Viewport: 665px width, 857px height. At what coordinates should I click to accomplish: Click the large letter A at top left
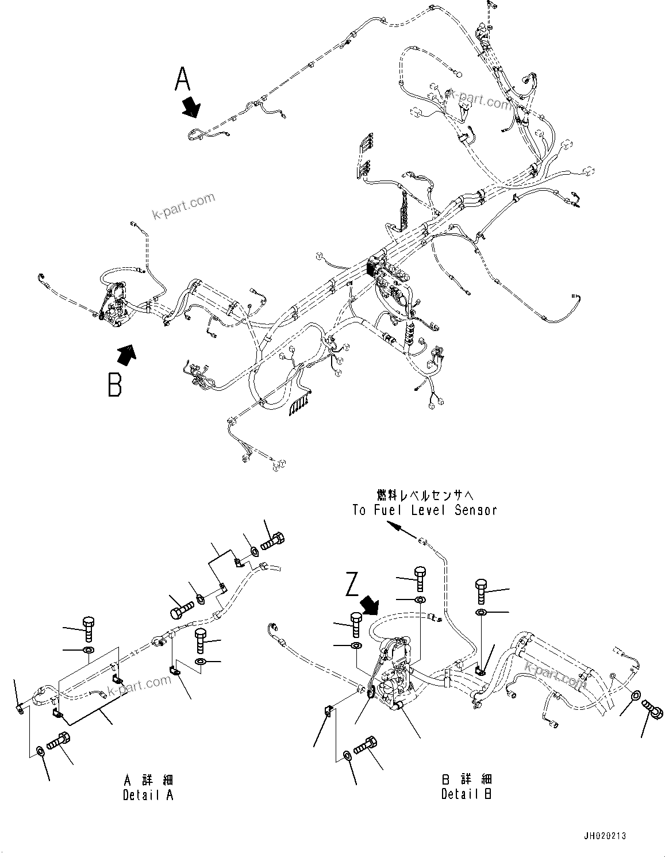pyautogui.click(x=183, y=79)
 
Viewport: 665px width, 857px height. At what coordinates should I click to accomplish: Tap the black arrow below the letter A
pyautogui.click(x=191, y=107)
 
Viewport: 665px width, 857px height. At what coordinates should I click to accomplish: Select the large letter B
pyautogui.click(x=115, y=385)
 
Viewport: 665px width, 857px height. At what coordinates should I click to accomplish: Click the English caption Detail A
pyautogui.click(x=148, y=795)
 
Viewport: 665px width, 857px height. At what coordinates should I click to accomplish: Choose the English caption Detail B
pyautogui.click(x=466, y=794)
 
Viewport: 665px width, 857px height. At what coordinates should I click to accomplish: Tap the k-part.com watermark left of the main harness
pyautogui.click(x=183, y=206)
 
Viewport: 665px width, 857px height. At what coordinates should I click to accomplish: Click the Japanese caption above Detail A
pyautogui.click(x=148, y=780)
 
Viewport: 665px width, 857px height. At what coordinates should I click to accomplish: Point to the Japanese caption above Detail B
pyautogui.click(x=466, y=779)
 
